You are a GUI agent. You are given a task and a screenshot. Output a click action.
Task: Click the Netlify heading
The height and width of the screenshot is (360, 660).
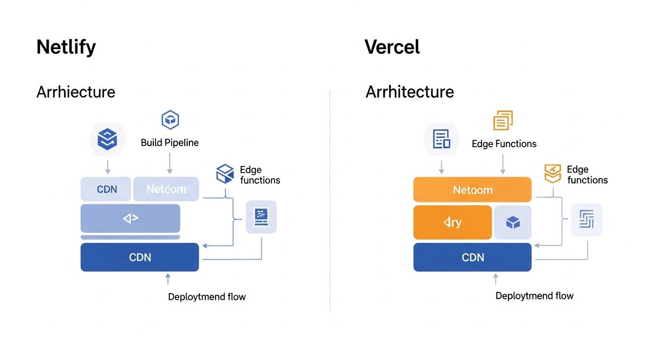coord(66,47)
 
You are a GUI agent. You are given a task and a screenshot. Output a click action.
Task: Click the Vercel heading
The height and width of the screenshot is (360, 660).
coord(392,47)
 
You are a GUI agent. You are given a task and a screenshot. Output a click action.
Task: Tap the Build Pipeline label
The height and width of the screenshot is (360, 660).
coord(170,142)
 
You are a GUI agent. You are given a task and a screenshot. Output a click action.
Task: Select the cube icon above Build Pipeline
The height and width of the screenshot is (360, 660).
coord(170,120)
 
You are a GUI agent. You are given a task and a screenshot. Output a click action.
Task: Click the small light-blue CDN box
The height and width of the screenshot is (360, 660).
coord(107,189)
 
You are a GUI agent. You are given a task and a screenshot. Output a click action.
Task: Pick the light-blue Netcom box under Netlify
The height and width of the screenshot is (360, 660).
coord(166,189)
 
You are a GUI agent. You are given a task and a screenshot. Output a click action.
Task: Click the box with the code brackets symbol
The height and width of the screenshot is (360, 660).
coord(130,218)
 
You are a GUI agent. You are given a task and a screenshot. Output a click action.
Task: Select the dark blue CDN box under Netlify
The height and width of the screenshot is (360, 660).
coord(140,257)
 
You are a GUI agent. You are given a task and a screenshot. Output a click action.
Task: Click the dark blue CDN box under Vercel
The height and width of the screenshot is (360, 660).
coord(472,257)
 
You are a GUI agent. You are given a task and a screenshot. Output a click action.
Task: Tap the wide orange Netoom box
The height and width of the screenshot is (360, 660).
coord(472,190)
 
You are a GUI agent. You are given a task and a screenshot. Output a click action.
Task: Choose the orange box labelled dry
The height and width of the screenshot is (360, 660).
coord(452,222)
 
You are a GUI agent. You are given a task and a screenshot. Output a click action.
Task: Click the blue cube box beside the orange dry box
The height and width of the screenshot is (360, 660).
coord(513,222)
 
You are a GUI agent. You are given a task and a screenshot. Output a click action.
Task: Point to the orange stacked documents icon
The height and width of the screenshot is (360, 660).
coord(503,120)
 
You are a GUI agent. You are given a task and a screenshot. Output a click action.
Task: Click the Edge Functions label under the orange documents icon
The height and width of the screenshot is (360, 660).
coord(504,144)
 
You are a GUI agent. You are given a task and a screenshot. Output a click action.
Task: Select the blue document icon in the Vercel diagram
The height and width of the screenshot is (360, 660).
coord(441,139)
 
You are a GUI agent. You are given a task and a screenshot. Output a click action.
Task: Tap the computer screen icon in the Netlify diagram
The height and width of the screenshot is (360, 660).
coord(261,217)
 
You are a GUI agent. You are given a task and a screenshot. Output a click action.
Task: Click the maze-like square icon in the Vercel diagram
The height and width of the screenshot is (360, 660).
coord(586,219)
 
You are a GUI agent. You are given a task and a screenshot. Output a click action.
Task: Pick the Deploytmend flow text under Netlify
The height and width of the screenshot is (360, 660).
coord(207,297)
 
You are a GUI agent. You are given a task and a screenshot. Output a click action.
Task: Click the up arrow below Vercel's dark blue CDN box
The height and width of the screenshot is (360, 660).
coord(495,279)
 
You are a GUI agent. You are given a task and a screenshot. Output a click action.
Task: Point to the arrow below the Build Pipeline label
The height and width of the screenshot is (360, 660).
coord(170,164)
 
